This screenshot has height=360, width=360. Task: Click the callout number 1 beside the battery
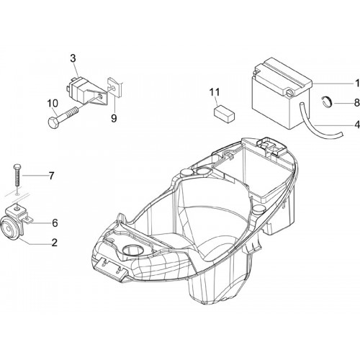pos(357,84)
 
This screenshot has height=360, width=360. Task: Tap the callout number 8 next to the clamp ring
pos(357,103)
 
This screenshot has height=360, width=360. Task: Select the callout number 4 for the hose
pos(357,125)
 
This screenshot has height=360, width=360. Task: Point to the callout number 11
pos(215,92)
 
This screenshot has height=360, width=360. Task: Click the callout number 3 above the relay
pos(73,58)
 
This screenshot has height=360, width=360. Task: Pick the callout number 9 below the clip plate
pos(114,118)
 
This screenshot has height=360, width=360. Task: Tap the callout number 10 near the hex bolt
pos(53,103)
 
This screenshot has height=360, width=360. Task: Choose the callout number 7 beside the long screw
pos(52,176)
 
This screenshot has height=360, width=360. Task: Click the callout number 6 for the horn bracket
pos(55,223)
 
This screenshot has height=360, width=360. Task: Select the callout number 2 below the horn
pos(55,243)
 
